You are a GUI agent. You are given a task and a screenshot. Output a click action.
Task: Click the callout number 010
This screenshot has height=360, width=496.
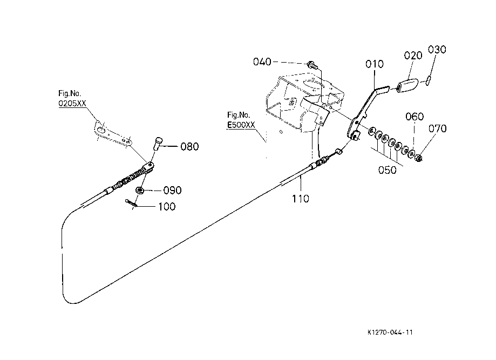click(375, 64)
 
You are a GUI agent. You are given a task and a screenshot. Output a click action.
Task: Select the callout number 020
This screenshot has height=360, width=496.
click(413, 56)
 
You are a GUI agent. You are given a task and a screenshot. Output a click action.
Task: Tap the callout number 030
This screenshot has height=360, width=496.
click(437, 49)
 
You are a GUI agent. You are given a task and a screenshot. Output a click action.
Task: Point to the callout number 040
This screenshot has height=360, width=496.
click(262, 62)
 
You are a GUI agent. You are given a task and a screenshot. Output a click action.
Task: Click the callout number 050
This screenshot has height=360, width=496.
click(387, 170)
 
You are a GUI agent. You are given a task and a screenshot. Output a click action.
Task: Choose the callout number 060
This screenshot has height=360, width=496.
click(415, 117)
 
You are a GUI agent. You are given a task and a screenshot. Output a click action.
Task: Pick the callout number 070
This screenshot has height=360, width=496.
click(438, 128)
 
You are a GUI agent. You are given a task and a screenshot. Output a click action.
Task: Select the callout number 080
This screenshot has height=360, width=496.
click(189, 146)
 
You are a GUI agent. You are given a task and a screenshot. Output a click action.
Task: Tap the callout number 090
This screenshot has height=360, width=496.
click(172, 191)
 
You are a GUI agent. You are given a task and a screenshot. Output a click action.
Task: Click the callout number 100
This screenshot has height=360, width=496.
click(167, 207)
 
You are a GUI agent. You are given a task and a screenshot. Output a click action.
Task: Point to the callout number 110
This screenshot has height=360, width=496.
click(300, 199)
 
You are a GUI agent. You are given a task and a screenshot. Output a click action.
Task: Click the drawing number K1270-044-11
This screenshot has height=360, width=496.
click(390, 332)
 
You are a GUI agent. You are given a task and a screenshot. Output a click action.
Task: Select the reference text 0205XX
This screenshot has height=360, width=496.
click(72, 104)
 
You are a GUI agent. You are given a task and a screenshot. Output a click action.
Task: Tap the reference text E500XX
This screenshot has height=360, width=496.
click(241, 125)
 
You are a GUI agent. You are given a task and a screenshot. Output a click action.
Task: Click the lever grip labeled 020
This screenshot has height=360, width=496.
click(407, 85)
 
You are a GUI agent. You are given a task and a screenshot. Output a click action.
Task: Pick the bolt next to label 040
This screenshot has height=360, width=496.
click(312, 65)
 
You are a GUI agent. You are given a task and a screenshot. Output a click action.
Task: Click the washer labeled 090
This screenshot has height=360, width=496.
click(139, 191)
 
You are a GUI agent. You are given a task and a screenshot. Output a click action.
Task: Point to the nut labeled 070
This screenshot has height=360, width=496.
click(418, 158)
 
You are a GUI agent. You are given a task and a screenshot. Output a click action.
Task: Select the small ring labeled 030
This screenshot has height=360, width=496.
click(427, 80)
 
